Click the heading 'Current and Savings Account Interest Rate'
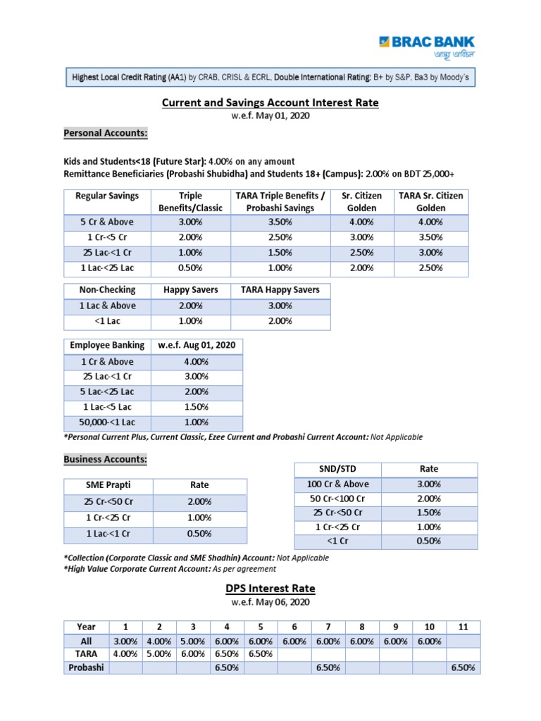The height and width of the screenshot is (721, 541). [x=270, y=103]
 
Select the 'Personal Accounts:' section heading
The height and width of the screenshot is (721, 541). [x=106, y=133]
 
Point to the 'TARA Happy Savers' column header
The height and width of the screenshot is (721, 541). [x=280, y=290]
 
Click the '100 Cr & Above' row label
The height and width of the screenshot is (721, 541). [x=338, y=484]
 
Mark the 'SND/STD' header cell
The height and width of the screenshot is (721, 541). [x=338, y=469]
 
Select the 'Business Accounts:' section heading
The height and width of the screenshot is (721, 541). [x=106, y=459]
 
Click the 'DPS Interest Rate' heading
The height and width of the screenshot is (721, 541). [x=270, y=589]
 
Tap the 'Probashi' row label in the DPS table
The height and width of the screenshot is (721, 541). [x=85, y=667]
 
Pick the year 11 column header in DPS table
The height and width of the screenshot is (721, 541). [x=464, y=627]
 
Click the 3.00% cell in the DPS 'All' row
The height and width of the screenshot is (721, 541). [x=125, y=641]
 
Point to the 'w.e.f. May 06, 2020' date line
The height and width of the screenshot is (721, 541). [x=270, y=603]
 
